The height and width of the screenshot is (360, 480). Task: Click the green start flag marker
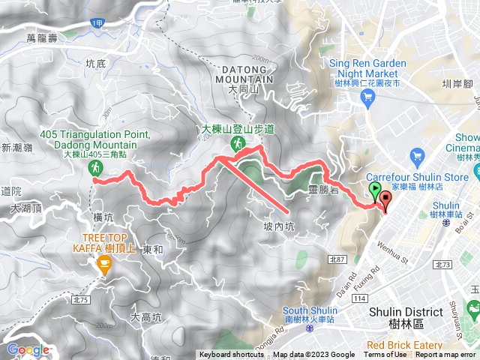[375, 190]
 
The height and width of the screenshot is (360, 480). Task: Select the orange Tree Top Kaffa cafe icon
[103, 263]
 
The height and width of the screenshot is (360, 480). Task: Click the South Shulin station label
[312, 311]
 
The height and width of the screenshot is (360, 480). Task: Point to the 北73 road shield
[443, 264]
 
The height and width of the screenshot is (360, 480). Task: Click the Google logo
[28, 349]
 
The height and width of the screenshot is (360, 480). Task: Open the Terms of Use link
[385, 355]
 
